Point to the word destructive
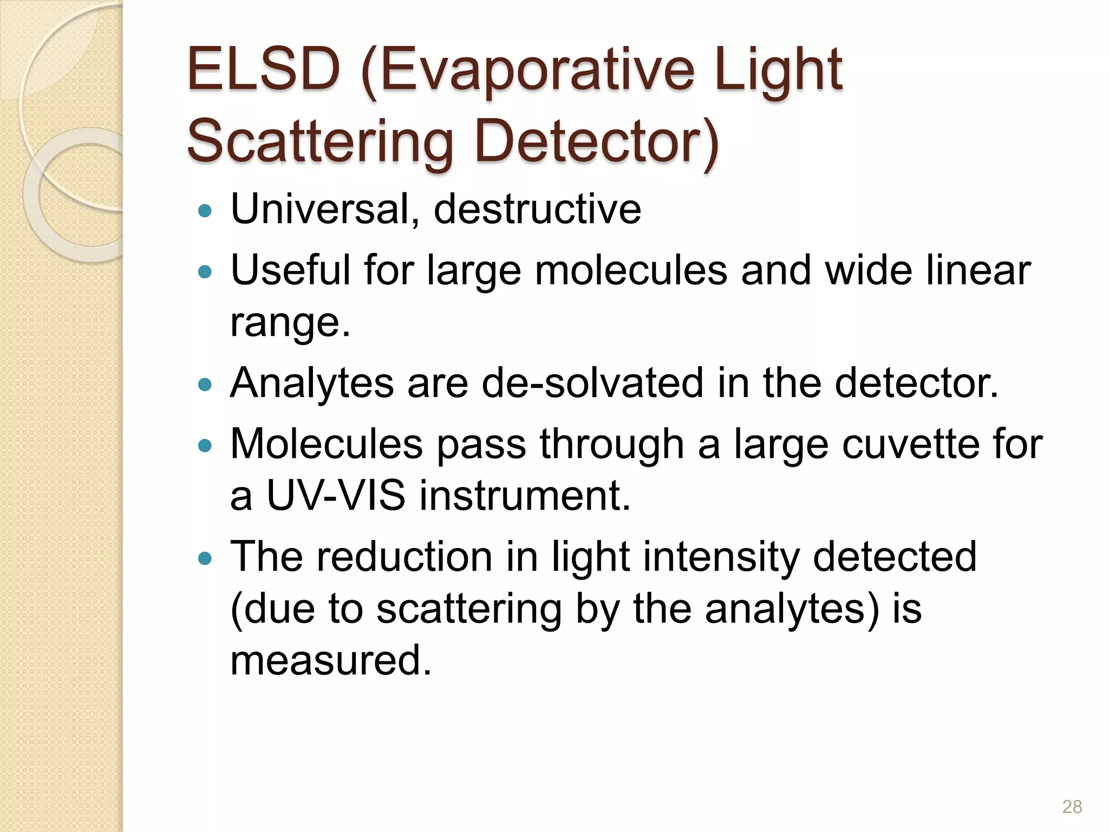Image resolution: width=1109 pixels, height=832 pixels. (x=537, y=209)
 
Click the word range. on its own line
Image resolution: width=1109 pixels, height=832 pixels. (x=290, y=323)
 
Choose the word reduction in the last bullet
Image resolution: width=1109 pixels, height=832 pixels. (x=404, y=557)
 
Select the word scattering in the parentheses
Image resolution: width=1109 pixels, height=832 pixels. (x=469, y=609)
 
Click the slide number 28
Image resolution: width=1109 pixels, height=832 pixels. (x=1072, y=807)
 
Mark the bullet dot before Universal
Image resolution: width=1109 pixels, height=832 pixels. (x=205, y=210)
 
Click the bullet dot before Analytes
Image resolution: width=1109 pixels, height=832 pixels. (x=205, y=385)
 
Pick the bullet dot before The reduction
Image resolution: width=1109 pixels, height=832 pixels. (x=205, y=558)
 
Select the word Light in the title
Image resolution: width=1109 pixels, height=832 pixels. (x=778, y=70)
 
